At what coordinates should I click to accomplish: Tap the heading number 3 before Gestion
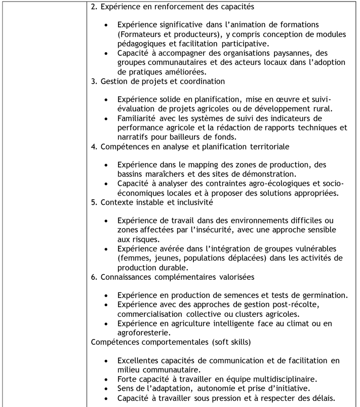pos(93,81)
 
